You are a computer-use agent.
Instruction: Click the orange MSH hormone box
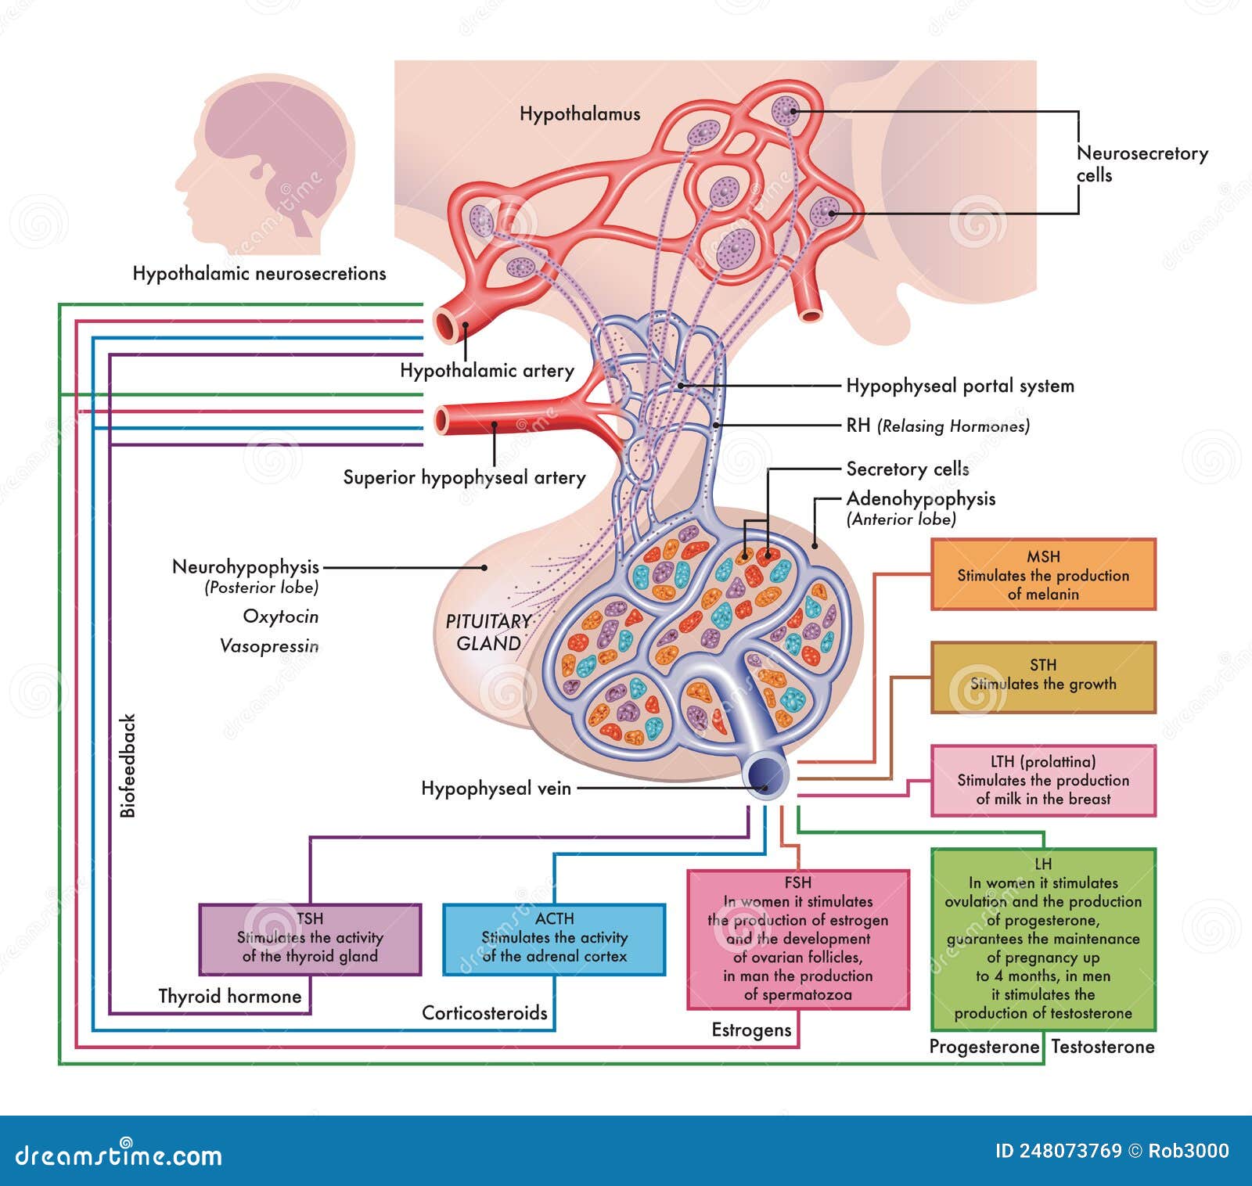click(1043, 574)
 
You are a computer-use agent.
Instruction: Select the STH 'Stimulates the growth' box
click(1043, 677)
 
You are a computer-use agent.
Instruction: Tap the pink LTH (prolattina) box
click(1043, 780)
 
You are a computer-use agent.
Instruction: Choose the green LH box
click(1043, 939)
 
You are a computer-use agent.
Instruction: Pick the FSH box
click(798, 940)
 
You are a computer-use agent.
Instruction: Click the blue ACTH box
click(554, 940)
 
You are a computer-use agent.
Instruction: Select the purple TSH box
click(310, 940)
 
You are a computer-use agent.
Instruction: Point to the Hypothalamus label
click(580, 114)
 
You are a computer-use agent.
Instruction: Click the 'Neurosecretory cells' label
click(1141, 164)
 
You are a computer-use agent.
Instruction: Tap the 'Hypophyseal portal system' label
click(960, 386)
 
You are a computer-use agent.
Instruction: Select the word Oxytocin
click(281, 616)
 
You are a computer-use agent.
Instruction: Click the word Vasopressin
click(269, 646)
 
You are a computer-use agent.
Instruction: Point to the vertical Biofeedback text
click(128, 766)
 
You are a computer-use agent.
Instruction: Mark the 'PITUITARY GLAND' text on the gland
click(489, 632)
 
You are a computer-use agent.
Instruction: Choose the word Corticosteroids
click(484, 1013)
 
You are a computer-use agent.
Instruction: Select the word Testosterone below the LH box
click(1103, 1047)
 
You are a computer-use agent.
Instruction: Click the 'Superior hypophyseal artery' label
click(464, 477)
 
